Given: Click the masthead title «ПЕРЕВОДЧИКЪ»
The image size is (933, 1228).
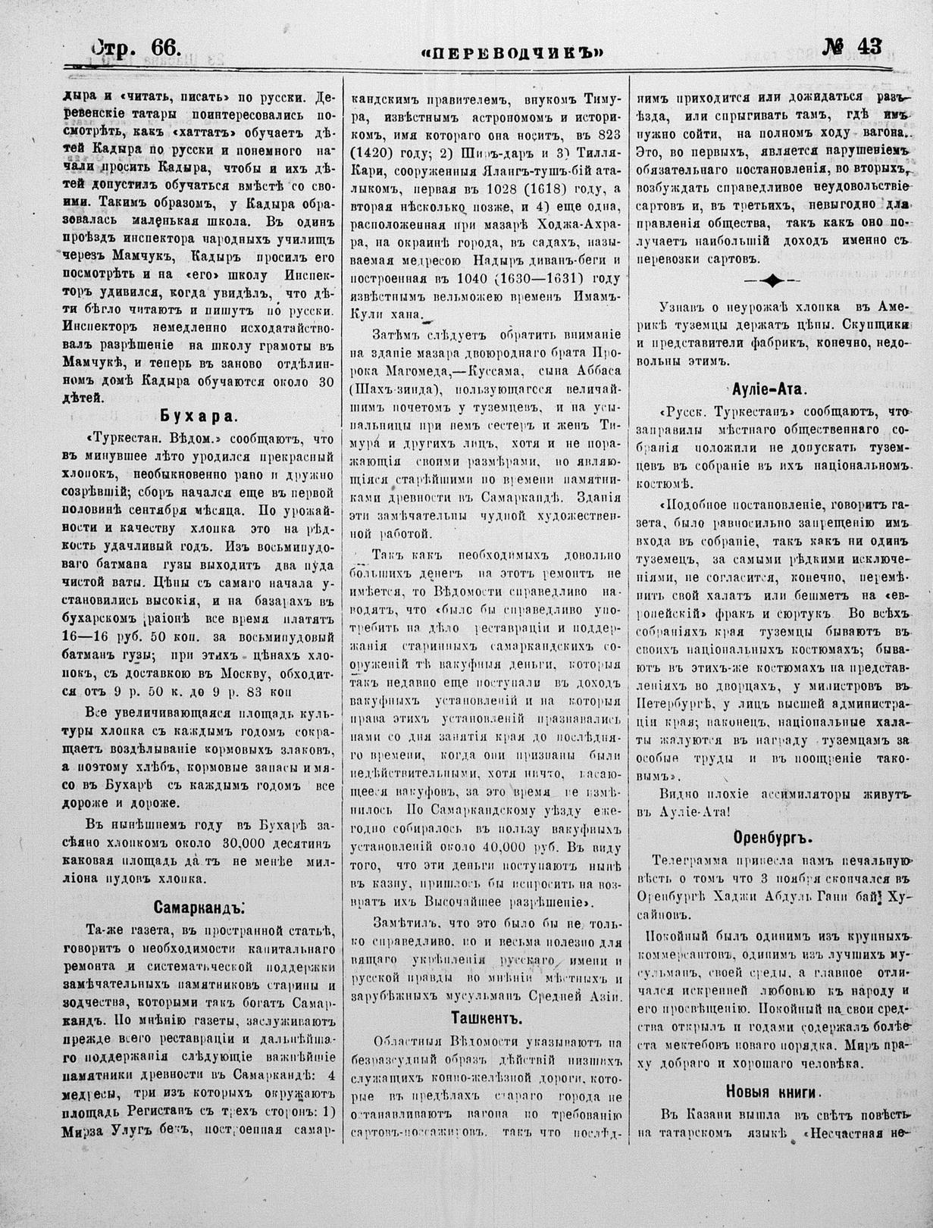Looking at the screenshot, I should tap(513, 52).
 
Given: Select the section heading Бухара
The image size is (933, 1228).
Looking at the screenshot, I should tap(199, 415).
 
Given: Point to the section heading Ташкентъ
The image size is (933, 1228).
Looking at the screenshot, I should tap(487, 1016).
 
